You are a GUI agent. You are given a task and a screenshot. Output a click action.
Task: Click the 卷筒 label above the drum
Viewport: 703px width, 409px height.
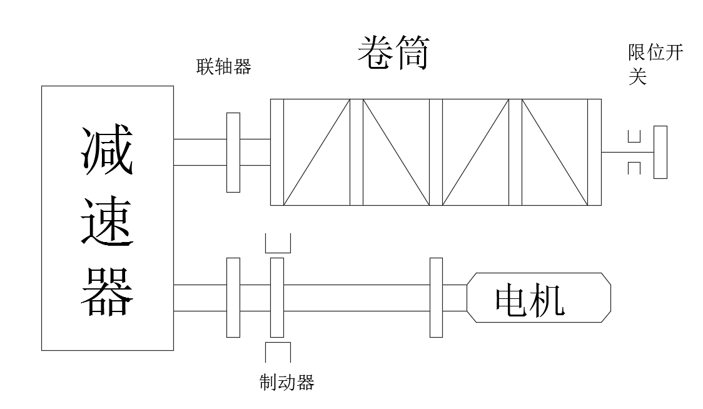(x=392, y=54)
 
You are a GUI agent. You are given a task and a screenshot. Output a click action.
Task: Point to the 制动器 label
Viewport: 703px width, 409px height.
(x=286, y=381)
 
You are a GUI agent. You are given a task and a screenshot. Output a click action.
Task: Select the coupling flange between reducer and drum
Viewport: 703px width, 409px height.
(x=233, y=152)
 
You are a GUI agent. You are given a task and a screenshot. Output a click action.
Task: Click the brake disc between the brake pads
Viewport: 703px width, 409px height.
(x=276, y=297)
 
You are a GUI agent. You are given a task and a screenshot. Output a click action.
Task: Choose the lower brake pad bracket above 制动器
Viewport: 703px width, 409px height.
(x=276, y=351)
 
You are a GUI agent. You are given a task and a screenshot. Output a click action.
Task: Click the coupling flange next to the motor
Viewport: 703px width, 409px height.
(x=436, y=297)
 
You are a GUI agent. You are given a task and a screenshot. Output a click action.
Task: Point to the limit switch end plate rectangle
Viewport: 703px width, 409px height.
(x=660, y=152)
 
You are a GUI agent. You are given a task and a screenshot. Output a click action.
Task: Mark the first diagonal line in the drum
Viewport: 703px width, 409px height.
(x=316, y=152)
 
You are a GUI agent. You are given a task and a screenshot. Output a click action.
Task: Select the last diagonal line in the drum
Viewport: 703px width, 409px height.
(x=555, y=152)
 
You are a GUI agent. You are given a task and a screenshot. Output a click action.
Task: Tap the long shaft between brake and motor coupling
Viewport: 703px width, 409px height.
(x=357, y=297)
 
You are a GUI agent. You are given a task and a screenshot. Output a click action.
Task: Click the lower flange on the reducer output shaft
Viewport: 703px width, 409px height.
(x=233, y=297)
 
